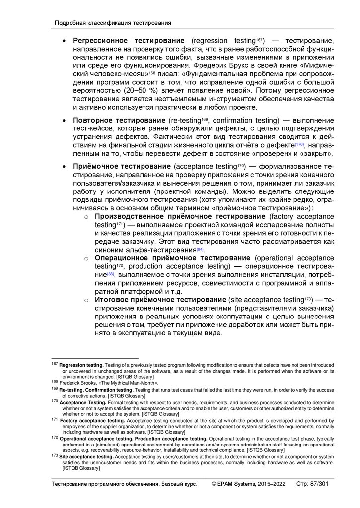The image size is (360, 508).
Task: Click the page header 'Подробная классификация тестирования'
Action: point(113,23)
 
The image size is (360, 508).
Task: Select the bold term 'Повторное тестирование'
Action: point(119,121)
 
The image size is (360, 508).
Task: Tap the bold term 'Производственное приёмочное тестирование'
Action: point(180,217)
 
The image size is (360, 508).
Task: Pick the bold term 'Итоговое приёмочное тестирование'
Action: point(160,300)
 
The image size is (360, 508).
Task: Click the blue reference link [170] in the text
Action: point(299,144)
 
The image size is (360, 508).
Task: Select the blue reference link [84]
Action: point(200,249)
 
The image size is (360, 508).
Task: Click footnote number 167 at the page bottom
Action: point(55,364)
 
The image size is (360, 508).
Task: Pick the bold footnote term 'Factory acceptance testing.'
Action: point(92,420)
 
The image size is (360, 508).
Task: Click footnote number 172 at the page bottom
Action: point(55,438)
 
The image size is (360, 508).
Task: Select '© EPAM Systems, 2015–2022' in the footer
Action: point(248,484)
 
